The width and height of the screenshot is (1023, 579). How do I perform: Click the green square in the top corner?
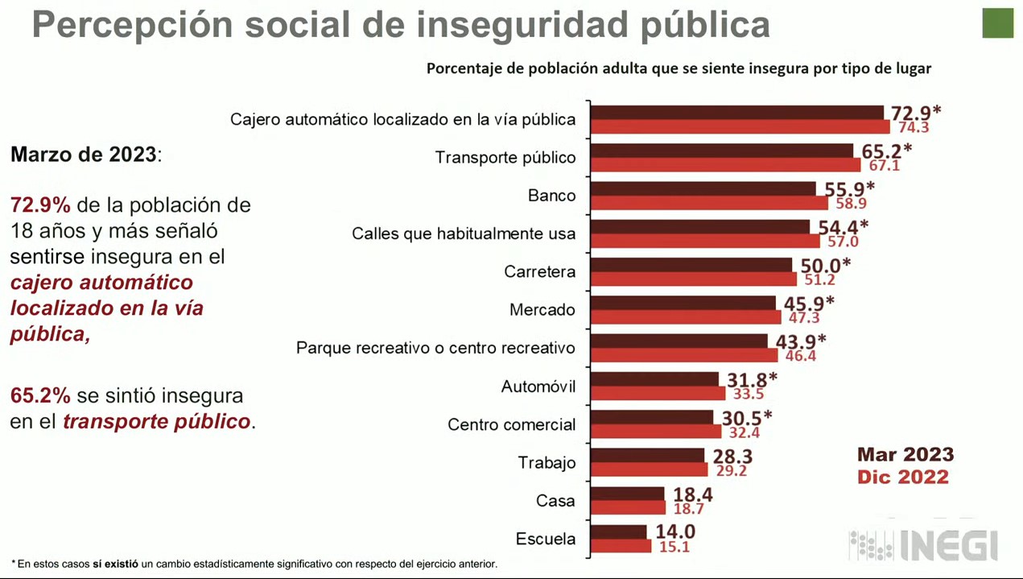pos(997,23)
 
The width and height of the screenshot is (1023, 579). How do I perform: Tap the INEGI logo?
pos(923,545)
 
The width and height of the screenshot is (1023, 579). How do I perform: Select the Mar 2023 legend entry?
pos(905,454)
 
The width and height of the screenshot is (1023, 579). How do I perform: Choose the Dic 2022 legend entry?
pos(902,477)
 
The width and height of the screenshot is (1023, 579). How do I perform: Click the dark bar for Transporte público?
pos(722,151)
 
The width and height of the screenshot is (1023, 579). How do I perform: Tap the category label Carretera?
pos(540,271)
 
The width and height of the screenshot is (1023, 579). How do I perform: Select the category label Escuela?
pos(546,539)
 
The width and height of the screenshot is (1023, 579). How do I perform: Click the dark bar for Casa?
pos(628,494)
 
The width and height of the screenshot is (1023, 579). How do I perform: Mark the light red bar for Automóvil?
pos(658,394)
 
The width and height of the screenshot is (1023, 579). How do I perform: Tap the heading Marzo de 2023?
pos(84,155)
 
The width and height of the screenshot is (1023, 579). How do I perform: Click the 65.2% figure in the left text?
pos(40,395)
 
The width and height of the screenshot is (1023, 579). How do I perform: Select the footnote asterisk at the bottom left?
pos(14,563)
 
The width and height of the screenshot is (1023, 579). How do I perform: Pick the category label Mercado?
pos(542,310)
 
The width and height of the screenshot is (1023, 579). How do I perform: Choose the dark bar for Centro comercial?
pos(652,417)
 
